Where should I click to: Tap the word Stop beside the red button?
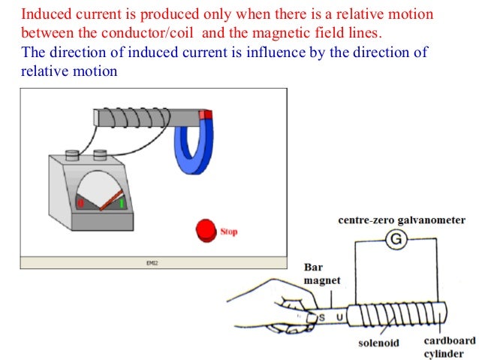click(x=229, y=232)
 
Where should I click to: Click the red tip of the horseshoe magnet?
click(x=206, y=115)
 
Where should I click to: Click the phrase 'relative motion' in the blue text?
click(x=69, y=70)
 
